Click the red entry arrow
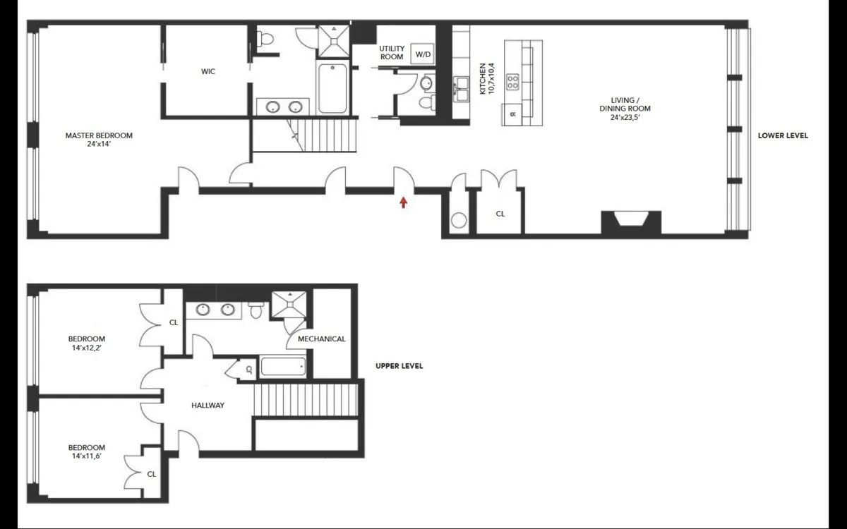[403, 203]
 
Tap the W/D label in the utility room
[422, 54]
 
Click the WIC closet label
[208, 71]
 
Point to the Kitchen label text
[488, 78]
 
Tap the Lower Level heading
[783, 135]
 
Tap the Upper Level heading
[399, 366]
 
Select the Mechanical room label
[322, 339]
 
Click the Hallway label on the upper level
[208, 406]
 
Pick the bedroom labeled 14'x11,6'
[87, 452]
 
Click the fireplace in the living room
[631, 223]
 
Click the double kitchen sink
[462, 86]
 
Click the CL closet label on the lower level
[500, 213]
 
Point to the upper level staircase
[306, 400]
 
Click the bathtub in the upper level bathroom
[283, 367]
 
